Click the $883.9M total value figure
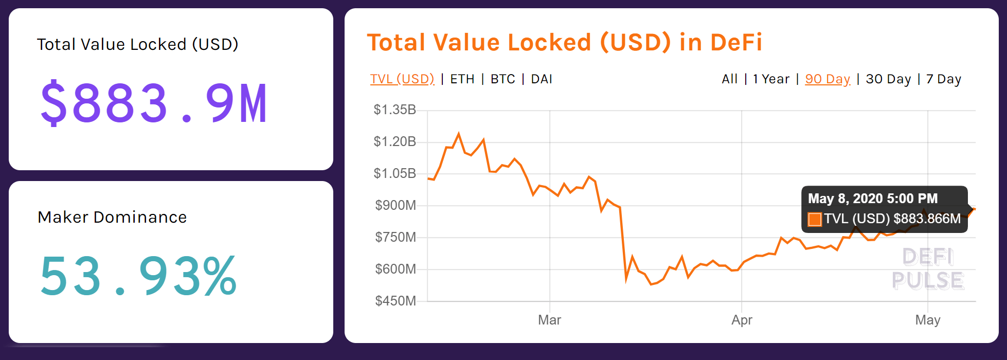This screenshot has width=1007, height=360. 153,103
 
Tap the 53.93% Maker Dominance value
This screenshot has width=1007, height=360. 138,276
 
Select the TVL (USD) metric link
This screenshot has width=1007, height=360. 402,79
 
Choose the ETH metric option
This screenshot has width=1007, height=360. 462,79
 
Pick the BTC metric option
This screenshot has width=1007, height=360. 502,79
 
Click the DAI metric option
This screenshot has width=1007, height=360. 541,79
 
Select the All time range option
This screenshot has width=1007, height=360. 729,79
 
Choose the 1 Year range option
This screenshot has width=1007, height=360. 770,79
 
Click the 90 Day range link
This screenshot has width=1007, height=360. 827,79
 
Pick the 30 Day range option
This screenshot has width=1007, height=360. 888,79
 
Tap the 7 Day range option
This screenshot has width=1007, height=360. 943,79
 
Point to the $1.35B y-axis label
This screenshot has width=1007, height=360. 394,110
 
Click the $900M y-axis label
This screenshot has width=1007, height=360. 395,205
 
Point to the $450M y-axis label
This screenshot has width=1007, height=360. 395,301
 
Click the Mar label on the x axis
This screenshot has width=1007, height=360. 549,320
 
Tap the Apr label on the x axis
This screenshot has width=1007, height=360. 742,320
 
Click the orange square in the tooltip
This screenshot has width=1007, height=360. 815,220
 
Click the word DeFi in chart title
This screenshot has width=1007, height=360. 736,42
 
